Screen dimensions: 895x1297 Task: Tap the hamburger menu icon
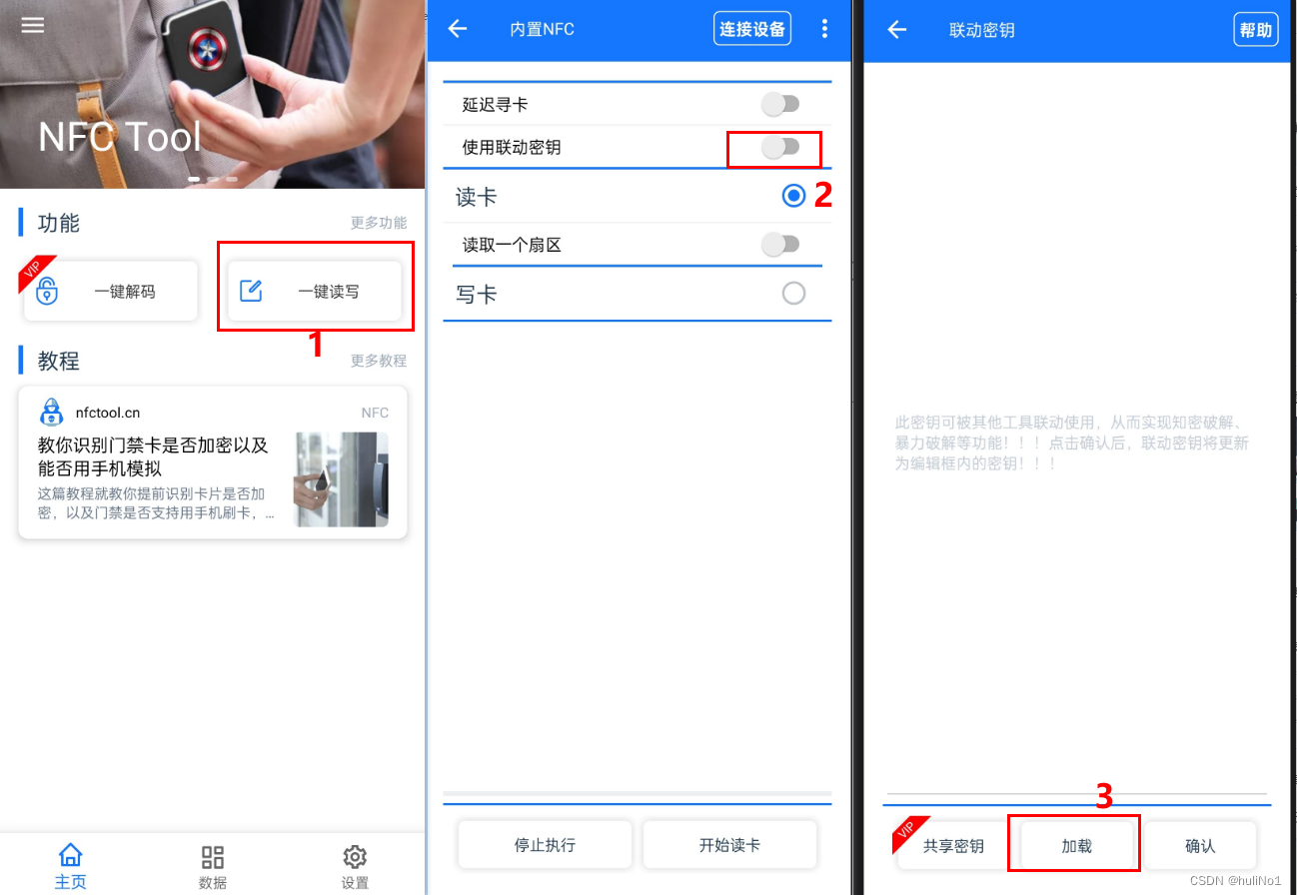tap(33, 25)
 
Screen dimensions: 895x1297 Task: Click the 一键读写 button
tap(315, 292)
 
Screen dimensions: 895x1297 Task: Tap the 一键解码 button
tap(111, 292)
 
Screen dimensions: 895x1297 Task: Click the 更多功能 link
tap(378, 223)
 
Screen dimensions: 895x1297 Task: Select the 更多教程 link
tap(378, 361)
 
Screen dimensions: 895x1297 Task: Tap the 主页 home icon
tap(70, 856)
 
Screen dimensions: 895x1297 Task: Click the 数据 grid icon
tap(213, 857)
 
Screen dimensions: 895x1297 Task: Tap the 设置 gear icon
tap(355, 857)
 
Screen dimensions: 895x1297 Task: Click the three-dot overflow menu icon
tap(824, 29)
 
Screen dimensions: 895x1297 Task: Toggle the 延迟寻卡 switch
tap(780, 103)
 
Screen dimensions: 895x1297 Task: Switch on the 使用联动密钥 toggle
tap(780, 147)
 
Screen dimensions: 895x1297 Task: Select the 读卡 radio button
tap(793, 196)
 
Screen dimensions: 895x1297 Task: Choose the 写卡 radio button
tap(793, 294)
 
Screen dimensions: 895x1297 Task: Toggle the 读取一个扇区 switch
tap(780, 244)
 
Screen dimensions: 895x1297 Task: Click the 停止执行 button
tap(545, 845)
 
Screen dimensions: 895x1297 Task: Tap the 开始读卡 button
tap(729, 845)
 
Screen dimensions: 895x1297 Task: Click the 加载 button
tap(1075, 845)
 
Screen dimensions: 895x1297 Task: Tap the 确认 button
tap(1199, 845)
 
